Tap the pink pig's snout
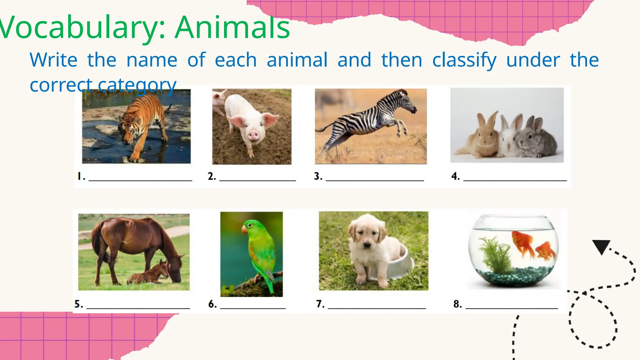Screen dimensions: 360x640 (x=253, y=135)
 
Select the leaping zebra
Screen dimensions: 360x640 (x=372, y=122)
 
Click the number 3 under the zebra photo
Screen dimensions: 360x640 (x=318, y=176)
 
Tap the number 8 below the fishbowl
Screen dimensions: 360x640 (x=457, y=304)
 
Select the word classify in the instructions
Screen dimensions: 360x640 (x=464, y=60)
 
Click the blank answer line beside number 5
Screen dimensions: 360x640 (x=138, y=308)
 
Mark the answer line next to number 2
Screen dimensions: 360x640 (x=257, y=180)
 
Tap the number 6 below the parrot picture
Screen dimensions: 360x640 (x=212, y=304)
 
